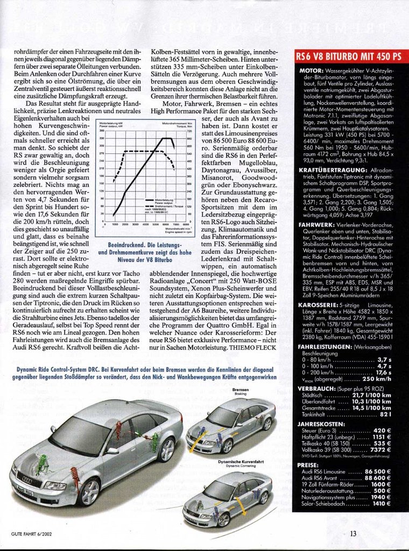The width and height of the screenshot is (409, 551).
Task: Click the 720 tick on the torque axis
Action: [189, 131]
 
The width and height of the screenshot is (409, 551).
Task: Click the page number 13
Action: [353, 534]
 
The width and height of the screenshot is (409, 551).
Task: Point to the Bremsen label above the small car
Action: [240, 389]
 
